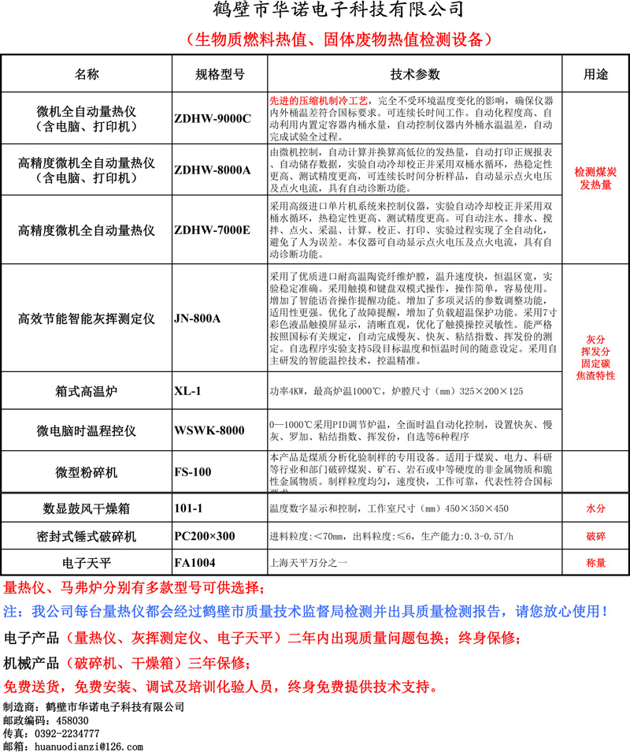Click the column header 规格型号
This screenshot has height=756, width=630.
pyautogui.click(x=220, y=75)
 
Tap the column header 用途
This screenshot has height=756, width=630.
pyautogui.click(x=595, y=75)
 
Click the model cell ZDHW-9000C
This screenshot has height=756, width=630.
pyautogui.click(x=212, y=119)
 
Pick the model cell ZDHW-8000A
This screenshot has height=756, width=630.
pyautogui.click(x=212, y=169)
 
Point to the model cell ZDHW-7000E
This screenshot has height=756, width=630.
pyautogui.click(x=212, y=230)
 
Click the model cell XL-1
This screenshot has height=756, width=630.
pyautogui.click(x=188, y=391)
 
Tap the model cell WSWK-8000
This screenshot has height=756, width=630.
pyautogui.click(x=209, y=430)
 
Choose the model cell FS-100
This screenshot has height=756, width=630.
pyautogui.click(x=193, y=472)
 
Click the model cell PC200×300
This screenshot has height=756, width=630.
pyautogui.click(x=204, y=536)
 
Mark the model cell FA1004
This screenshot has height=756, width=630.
pyautogui.click(x=195, y=563)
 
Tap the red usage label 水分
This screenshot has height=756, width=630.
pyautogui.click(x=595, y=509)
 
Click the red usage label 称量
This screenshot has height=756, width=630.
pyautogui.click(x=595, y=563)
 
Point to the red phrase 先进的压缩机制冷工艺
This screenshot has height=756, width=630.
pyautogui.click(x=318, y=102)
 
